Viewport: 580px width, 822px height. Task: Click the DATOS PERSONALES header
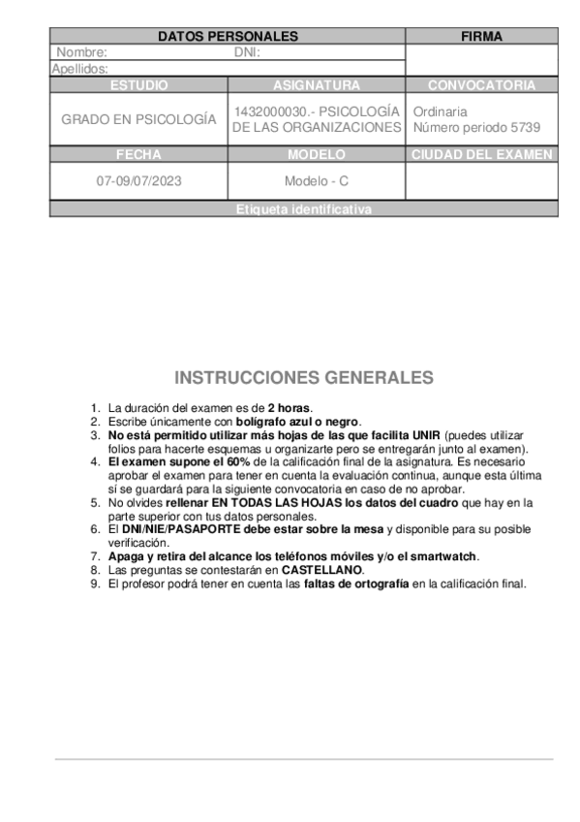coord(228,37)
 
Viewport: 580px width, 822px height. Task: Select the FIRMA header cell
coord(481,37)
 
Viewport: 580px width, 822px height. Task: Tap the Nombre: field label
coord(82,52)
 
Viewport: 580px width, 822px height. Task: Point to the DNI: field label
coord(248,52)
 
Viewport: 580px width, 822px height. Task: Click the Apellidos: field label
coord(80,69)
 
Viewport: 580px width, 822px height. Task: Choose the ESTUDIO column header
coord(138,85)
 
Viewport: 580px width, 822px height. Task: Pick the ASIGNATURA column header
coord(317,85)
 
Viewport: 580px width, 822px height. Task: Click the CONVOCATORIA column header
coord(481,85)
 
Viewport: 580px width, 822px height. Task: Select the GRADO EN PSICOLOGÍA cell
coord(138,119)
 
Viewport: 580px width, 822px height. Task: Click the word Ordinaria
coord(440,111)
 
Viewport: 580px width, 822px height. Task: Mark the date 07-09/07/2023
coord(138,180)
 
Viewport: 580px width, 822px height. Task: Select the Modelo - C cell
coord(317,180)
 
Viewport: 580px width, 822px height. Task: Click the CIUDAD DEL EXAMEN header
coord(481,154)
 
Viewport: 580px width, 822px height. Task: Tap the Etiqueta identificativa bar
coord(303,209)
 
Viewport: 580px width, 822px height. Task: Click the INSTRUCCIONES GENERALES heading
coord(304,377)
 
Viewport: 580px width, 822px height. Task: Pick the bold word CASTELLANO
coord(322,570)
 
